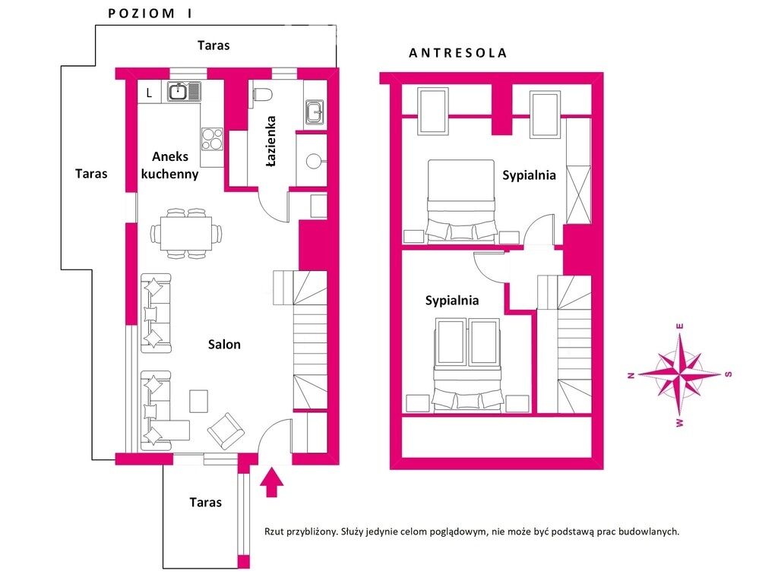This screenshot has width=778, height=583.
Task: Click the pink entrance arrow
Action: (x=271, y=481)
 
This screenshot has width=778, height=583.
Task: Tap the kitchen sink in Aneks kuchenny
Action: (x=184, y=91)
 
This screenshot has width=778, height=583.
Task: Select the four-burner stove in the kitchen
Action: (x=213, y=140)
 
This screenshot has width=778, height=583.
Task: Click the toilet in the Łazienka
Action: (x=262, y=94)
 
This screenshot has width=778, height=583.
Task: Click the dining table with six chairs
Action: (x=186, y=233)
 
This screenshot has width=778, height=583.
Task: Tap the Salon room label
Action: (x=224, y=344)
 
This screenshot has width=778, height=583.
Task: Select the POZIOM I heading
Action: (x=150, y=14)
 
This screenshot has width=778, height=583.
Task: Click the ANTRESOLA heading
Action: (x=457, y=53)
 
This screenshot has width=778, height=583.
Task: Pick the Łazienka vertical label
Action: (x=271, y=141)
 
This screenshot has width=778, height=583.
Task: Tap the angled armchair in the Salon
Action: (x=226, y=431)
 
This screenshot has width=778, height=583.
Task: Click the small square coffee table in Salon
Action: (x=199, y=401)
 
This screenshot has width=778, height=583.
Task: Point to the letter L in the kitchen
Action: (x=149, y=93)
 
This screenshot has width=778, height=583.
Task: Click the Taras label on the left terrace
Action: (x=91, y=174)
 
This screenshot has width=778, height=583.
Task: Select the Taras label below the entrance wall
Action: (x=205, y=503)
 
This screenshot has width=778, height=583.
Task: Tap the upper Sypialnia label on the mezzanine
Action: (x=529, y=175)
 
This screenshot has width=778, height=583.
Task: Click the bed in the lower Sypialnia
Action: (x=467, y=365)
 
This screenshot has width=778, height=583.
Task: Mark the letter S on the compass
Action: (x=729, y=374)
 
